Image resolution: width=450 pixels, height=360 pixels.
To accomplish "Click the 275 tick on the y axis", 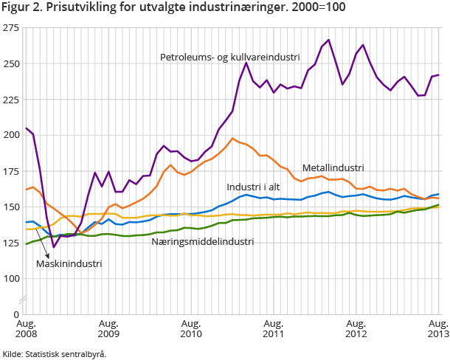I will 11,27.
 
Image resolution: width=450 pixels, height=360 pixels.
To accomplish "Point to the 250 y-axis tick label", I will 11,63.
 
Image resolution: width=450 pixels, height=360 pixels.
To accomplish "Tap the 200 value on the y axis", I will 11,135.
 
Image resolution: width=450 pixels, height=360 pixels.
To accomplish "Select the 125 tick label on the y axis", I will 11,243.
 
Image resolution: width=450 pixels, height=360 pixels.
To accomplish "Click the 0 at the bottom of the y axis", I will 16,314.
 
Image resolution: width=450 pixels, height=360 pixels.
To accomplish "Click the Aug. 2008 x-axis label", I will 27,329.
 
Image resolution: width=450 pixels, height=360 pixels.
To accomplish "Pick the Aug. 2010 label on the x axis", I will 191,329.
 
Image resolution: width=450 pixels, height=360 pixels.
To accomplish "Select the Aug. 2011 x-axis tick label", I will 274,329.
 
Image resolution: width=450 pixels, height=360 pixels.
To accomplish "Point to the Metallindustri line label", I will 333,168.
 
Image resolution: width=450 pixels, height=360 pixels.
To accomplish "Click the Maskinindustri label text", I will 69,263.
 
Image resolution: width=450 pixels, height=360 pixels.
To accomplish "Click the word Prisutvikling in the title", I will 73,9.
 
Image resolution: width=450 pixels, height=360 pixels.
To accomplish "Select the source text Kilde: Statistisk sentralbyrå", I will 54,354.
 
